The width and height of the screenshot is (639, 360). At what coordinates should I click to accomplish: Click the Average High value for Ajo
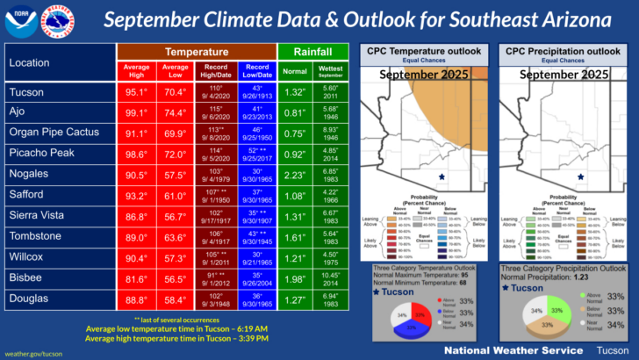[136, 113]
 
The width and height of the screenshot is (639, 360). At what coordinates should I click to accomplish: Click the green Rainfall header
[313, 52]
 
